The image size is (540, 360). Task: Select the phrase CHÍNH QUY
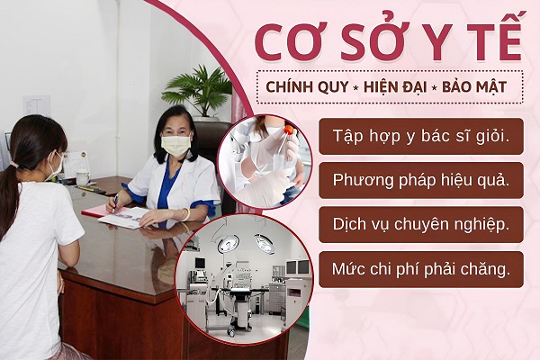[x=307, y=86]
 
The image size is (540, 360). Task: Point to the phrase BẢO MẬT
[x=474, y=86]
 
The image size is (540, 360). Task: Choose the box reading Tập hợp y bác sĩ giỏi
[x=421, y=136]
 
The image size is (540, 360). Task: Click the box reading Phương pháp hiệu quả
[x=421, y=181]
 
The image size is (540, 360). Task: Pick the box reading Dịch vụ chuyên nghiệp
[x=421, y=225]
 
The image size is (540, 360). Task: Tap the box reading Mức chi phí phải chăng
[x=421, y=269]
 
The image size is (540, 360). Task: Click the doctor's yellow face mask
[x=175, y=146]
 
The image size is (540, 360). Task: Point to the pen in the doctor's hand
[x=114, y=202]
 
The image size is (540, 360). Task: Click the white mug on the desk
[x=83, y=177]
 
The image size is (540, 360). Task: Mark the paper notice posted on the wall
[x=37, y=106]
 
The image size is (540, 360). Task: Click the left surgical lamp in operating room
[x=228, y=243]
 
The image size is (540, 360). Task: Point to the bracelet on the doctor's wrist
[x=186, y=214]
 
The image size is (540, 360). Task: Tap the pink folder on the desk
[x=100, y=210]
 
